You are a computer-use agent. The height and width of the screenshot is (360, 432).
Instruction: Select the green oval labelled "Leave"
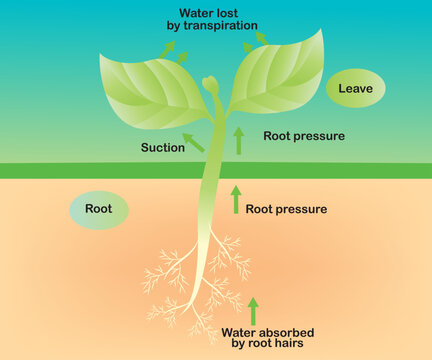tap(355, 89)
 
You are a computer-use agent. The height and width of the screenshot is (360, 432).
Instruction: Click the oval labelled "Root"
tap(98, 210)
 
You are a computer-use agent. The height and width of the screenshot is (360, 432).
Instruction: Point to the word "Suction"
tap(163, 147)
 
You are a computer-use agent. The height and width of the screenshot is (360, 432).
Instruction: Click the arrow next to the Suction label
tap(194, 141)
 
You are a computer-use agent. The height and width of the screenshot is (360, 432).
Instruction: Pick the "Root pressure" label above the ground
tap(303, 136)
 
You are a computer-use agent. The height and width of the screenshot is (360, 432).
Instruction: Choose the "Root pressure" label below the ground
tap(286, 209)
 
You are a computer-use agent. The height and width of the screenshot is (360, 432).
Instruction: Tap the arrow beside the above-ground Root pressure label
tap(238, 140)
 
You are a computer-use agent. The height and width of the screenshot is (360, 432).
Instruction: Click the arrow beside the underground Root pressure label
tap(236, 199)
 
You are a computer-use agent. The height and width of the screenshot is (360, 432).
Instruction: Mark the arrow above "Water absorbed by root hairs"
tap(253, 310)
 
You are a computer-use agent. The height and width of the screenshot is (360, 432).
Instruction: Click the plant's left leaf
tap(150, 84)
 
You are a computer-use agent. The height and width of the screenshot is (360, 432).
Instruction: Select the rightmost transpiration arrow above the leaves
tap(262, 38)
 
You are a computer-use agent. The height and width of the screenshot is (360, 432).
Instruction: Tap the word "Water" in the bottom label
tap(240, 332)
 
